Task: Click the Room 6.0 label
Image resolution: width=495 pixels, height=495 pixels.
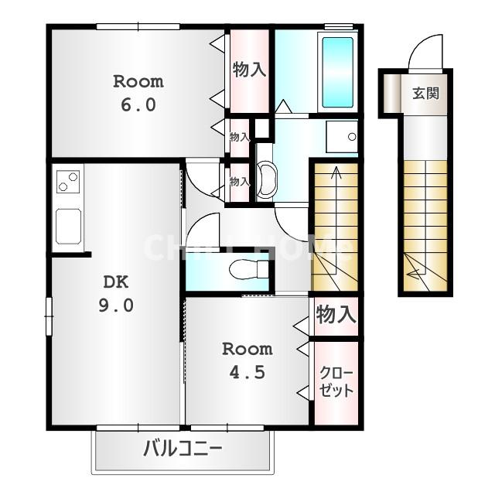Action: pos(138,93)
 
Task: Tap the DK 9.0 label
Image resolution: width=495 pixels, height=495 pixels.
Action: pos(115,294)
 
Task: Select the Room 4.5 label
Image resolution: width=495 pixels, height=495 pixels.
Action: pos(247,360)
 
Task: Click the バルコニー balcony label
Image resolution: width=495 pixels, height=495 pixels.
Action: pos(183,448)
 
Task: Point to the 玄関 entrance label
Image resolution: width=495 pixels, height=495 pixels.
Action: pos(425,94)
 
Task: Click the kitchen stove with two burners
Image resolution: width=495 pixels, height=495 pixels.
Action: pos(68,182)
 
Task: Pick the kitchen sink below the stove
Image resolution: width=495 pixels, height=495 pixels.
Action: pos(68,226)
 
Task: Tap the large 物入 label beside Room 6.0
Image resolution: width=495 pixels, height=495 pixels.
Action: pos(249,70)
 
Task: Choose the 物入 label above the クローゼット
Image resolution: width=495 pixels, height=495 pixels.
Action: pos(336,315)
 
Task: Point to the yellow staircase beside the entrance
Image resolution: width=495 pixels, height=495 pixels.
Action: pos(425,224)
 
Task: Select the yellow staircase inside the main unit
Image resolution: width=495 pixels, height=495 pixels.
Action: pos(335,224)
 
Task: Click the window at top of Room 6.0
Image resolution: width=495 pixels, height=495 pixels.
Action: pos(138,26)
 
